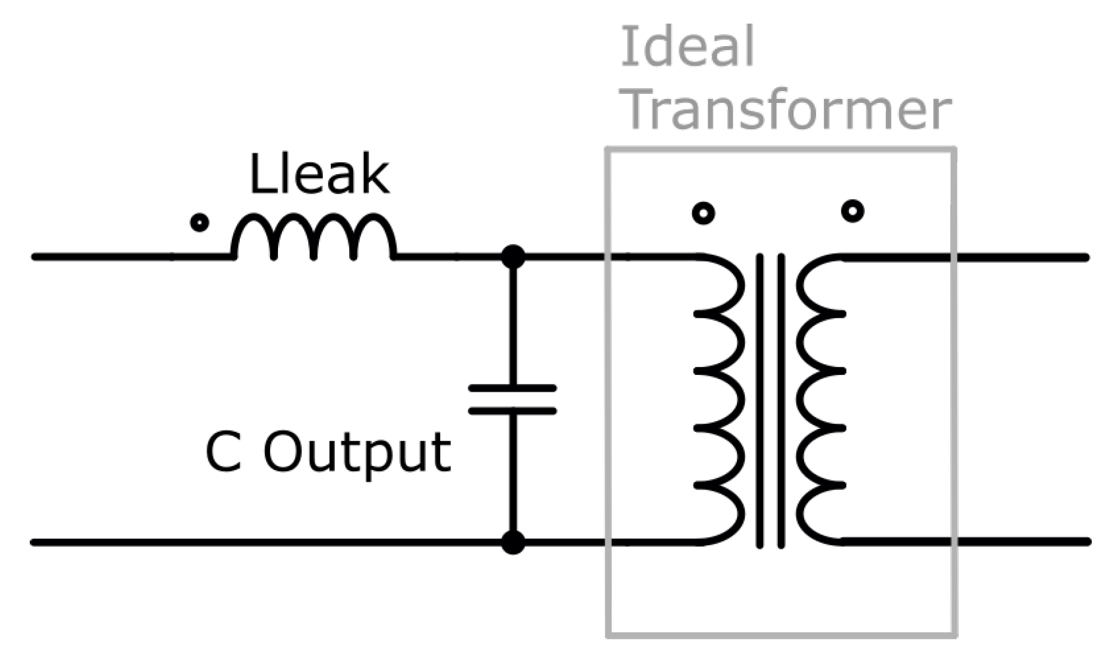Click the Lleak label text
(x=319, y=175)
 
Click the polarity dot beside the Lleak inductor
(x=199, y=223)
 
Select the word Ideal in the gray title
(x=687, y=47)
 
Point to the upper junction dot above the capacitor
(x=513, y=257)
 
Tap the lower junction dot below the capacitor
(x=513, y=543)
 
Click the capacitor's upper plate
(x=512, y=388)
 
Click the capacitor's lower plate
(x=512, y=411)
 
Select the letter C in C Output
(x=224, y=453)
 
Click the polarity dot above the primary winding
(x=704, y=214)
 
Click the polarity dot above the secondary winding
(x=853, y=212)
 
